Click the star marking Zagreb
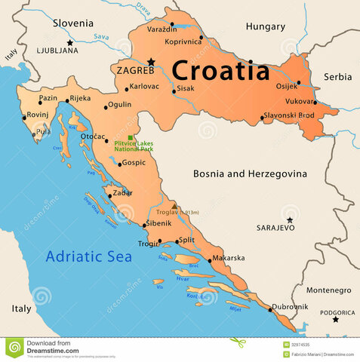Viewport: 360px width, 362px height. tap(151, 62)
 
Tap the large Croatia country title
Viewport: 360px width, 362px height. tap(220, 70)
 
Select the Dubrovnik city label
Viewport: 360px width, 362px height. tap(290, 307)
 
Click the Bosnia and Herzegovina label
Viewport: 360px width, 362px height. tap(250, 173)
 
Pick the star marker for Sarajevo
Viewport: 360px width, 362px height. tap(289, 220)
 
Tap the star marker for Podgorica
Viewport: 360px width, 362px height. tap(336, 319)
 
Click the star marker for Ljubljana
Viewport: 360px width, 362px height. tap(69, 43)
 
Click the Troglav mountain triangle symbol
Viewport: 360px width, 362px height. tap(174, 206)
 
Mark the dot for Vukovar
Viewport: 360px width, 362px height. tap(315, 103)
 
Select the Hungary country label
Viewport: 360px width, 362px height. tap(265, 26)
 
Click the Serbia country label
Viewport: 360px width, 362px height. tap(337, 77)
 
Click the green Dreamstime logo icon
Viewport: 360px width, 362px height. tap(14, 347)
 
